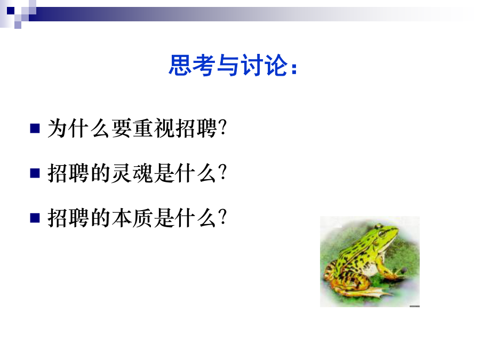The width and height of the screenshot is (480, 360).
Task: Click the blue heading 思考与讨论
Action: coord(233,65)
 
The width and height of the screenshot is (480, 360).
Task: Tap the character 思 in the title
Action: coord(180,65)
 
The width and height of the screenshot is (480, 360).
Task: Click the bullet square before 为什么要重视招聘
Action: coord(35,128)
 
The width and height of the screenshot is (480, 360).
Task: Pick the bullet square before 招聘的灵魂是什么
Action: coord(35,173)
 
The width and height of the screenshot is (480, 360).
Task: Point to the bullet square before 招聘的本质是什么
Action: coord(35,218)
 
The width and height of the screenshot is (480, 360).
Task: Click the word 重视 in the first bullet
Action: coord(154,128)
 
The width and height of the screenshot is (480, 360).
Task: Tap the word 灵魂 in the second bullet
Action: coord(132,173)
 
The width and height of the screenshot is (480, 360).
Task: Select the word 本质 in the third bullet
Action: coord(132,218)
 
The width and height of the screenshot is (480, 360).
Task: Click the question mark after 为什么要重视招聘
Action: coord(223,128)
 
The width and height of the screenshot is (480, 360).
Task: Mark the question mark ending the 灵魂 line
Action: coord(223,173)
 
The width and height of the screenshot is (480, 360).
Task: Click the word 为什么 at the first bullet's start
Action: coord(79,128)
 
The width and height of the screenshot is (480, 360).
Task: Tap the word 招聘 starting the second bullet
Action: coord(68,173)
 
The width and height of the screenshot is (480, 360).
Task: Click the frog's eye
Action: coord(382,234)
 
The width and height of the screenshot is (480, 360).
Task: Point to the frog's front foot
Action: coord(398,274)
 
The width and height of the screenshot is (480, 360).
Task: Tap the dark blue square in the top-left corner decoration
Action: coord(11,11)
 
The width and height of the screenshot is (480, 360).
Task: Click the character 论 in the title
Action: coord(277,65)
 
